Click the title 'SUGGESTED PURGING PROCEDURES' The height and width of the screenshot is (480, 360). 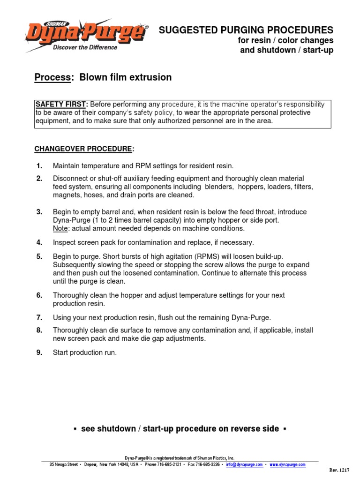(x=246, y=30)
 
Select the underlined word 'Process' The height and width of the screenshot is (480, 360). (x=52, y=77)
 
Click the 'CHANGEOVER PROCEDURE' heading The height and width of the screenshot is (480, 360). (x=83, y=149)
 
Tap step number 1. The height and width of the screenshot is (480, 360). (x=39, y=166)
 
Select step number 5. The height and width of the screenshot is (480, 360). (x=39, y=256)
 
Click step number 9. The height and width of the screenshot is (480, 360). (x=39, y=352)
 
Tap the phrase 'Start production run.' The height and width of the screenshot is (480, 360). (x=85, y=352)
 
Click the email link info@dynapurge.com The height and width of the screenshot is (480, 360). (x=244, y=465)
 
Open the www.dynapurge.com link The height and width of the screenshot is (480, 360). (x=287, y=465)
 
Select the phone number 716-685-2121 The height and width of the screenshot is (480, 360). (x=169, y=465)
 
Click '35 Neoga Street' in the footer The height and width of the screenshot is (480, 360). (x=64, y=465)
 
